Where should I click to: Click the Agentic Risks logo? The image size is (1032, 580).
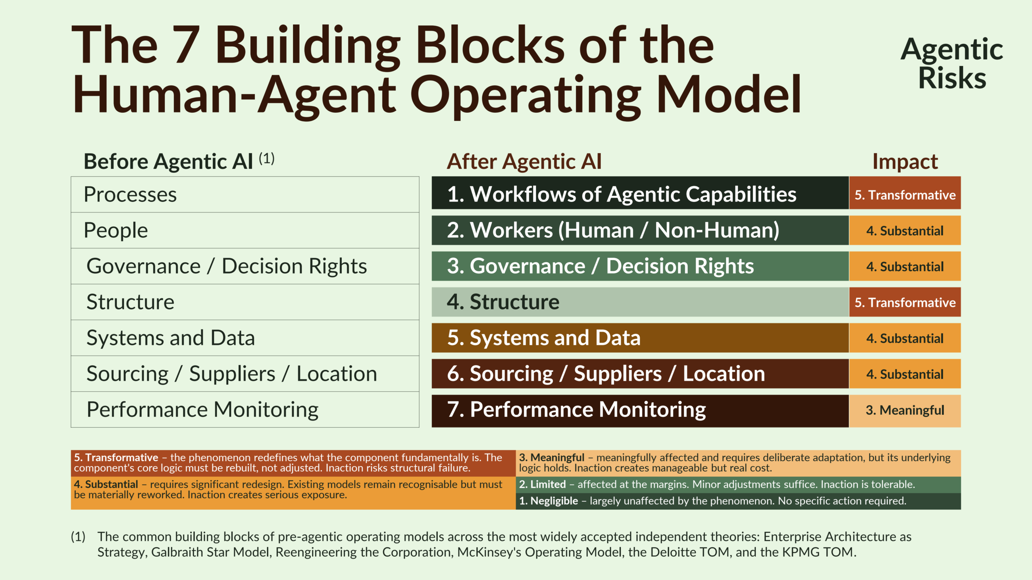[x=952, y=63]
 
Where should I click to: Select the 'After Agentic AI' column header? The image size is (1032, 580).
[x=524, y=162]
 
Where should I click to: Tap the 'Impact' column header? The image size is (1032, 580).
[x=905, y=162]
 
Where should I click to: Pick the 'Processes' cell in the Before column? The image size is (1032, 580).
[x=245, y=195]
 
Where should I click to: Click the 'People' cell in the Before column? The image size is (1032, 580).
[x=245, y=230]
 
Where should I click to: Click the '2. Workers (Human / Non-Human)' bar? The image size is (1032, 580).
[x=640, y=230]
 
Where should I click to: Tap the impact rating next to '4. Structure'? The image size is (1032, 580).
[x=905, y=302]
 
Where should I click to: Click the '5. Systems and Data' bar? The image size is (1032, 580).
[x=640, y=338]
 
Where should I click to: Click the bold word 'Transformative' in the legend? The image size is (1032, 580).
[x=122, y=458]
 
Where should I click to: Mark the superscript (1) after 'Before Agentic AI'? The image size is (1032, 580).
[x=267, y=158]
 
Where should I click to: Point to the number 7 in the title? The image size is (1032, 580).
[x=186, y=45]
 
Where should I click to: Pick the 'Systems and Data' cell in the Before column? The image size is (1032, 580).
[x=245, y=338]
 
